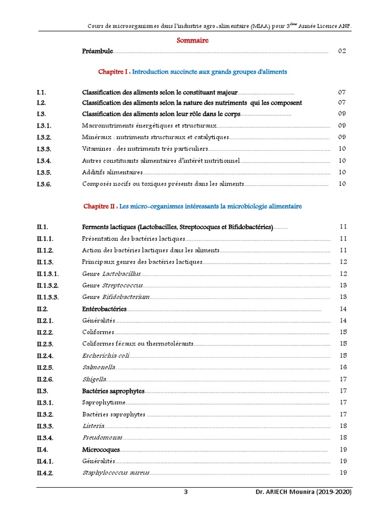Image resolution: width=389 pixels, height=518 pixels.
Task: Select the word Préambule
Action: point(97,51)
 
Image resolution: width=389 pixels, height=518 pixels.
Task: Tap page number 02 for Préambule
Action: point(342,51)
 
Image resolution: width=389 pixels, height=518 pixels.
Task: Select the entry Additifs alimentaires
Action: point(105,172)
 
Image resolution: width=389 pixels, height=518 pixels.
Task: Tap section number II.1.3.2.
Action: point(48,286)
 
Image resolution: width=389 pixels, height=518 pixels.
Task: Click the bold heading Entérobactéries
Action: point(104,309)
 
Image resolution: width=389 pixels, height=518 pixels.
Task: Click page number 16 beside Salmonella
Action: point(343,367)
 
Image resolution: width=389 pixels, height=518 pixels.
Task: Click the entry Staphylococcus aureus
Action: point(116,473)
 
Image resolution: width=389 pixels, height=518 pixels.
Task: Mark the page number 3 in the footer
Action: point(185,492)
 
